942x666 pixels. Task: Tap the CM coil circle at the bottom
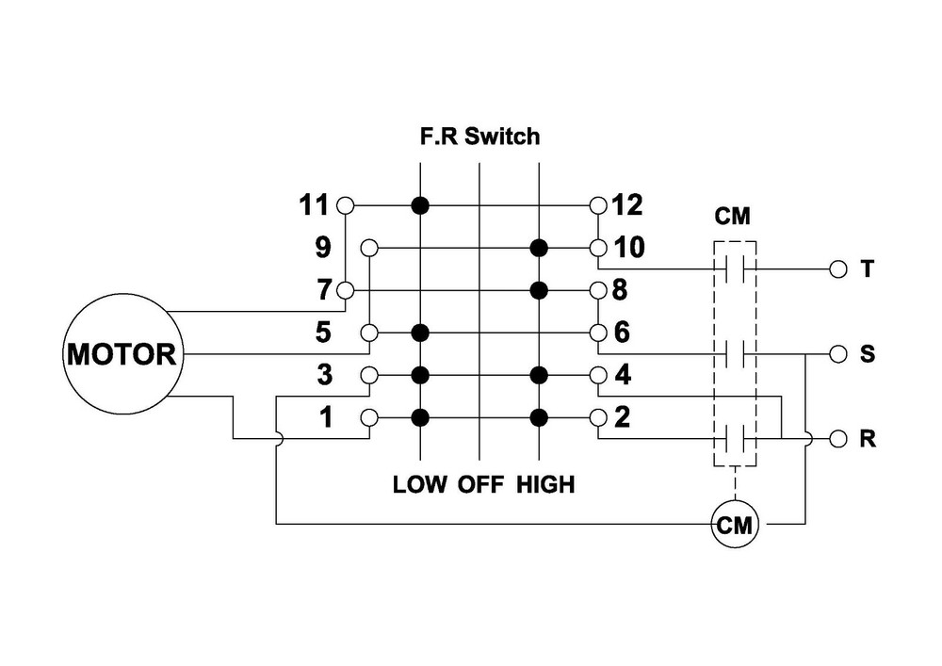coord(735,525)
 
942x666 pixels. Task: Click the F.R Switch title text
coord(479,137)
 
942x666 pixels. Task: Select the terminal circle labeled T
coord(837,268)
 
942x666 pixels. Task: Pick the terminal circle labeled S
coord(837,354)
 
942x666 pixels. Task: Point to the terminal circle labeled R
coord(837,439)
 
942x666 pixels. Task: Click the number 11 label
coord(314,203)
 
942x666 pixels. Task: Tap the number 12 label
coord(627,203)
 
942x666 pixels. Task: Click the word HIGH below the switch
coord(545,485)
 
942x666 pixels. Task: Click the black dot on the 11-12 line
coord(421,204)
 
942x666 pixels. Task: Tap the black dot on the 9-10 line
coord(539,247)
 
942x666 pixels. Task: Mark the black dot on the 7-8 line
coord(539,289)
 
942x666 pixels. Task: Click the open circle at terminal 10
coord(597,247)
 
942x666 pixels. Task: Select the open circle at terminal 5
coord(370,333)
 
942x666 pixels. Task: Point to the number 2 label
coord(621,417)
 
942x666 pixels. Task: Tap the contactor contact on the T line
coord(734,268)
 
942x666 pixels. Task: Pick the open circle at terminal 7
coord(348,289)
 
